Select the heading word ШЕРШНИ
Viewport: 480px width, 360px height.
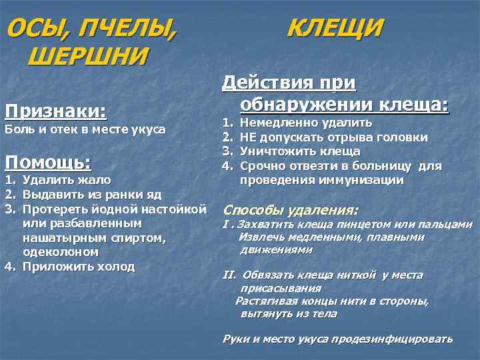tap(87, 56)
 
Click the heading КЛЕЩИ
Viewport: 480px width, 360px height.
tap(335, 29)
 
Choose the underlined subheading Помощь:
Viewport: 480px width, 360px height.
tap(48, 161)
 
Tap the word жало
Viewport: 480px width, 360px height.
tap(93, 179)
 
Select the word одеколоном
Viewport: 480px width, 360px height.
tap(61, 253)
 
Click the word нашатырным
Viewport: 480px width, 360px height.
tap(61, 238)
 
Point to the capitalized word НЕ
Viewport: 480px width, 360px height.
tap(248, 137)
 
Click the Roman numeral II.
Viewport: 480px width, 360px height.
tap(228, 275)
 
